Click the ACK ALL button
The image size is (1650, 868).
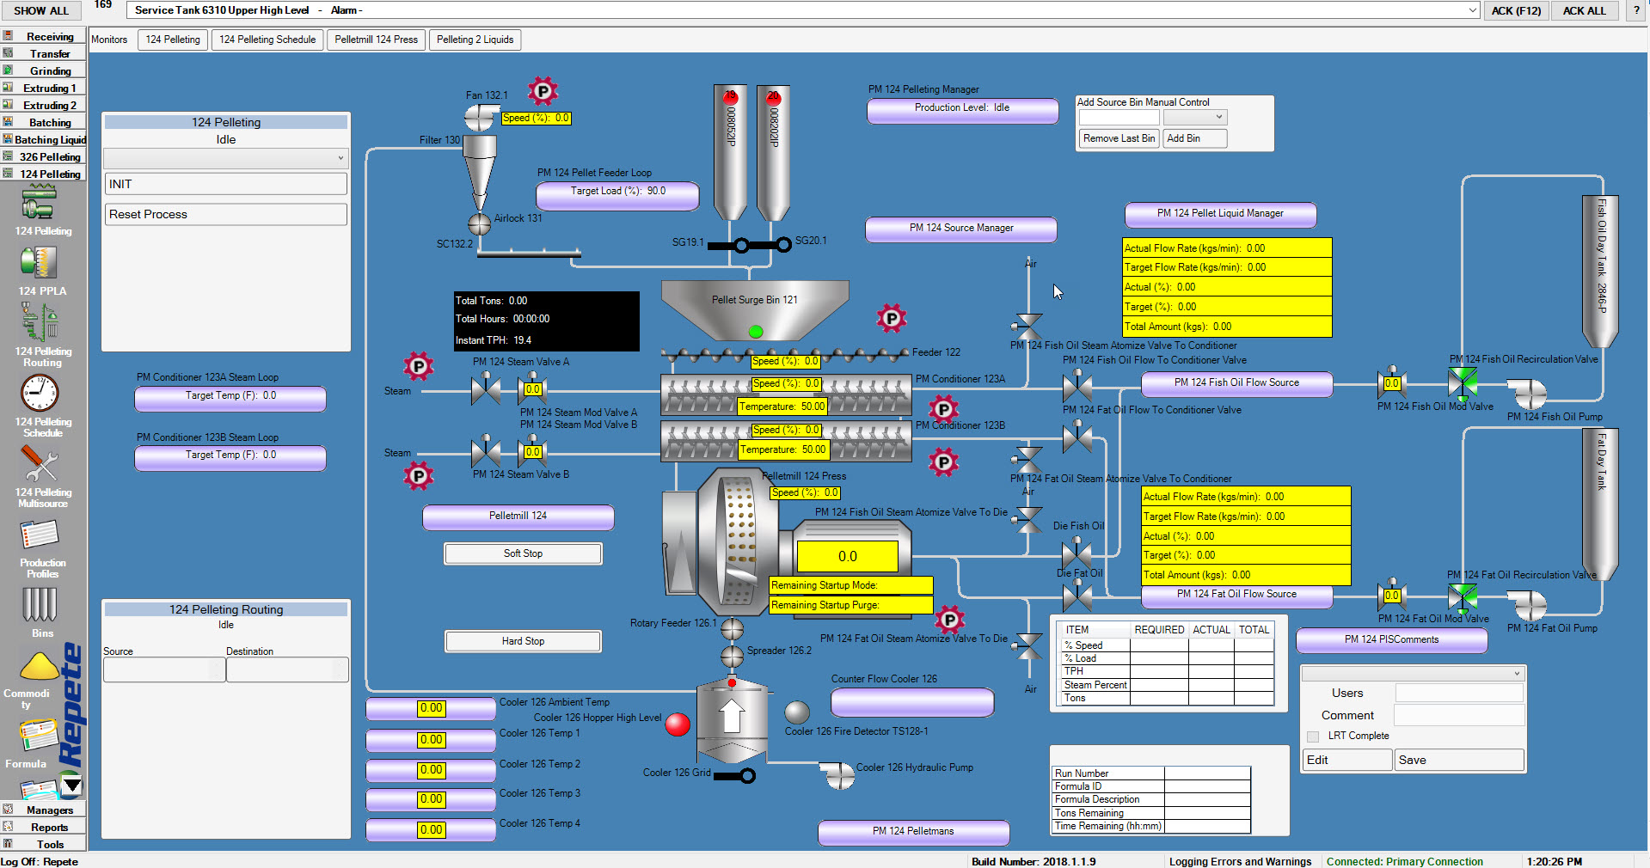click(x=1584, y=10)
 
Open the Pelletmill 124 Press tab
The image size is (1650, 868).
click(x=376, y=40)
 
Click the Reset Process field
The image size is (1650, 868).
click(x=226, y=214)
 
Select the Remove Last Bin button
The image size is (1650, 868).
click(x=1119, y=138)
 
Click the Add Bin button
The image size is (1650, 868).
click(x=1195, y=138)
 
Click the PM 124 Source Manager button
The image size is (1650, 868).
click(x=961, y=229)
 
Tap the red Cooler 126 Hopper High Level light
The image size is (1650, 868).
click(x=678, y=724)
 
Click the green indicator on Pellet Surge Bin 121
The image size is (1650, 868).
click(x=756, y=332)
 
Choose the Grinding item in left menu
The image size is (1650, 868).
click(x=50, y=70)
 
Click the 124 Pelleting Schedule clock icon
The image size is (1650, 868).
click(x=40, y=394)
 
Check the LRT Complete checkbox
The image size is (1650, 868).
click(x=1313, y=737)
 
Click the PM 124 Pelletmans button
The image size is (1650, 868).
click(x=913, y=832)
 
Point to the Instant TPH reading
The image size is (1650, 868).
click(x=494, y=340)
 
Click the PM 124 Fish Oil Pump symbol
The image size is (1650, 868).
click(x=1530, y=394)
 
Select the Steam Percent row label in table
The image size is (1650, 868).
click(x=1095, y=685)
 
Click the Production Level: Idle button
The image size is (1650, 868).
click(x=962, y=109)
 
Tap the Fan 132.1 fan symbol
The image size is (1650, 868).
click(x=480, y=117)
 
